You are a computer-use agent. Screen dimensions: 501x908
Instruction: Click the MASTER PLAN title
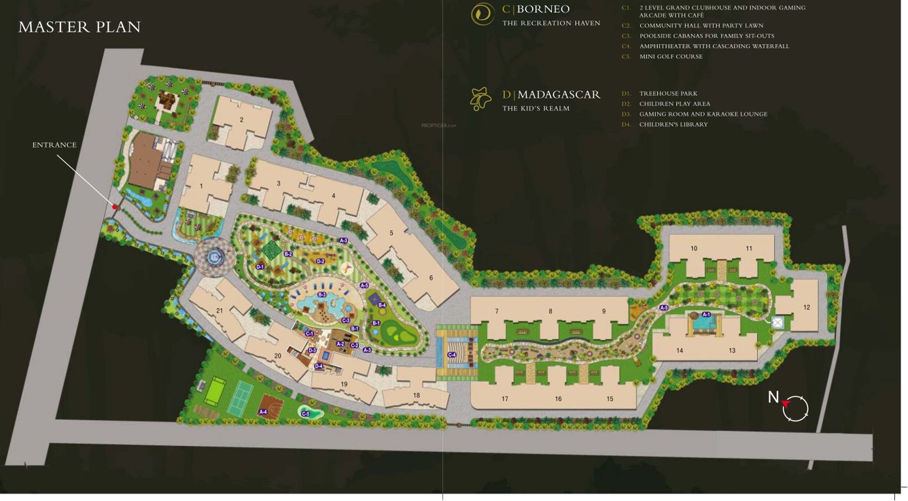(80, 27)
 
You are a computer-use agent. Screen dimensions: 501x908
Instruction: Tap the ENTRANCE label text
(54, 145)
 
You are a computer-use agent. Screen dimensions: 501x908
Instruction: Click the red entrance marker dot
(116, 207)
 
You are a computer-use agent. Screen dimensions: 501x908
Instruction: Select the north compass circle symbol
(796, 408)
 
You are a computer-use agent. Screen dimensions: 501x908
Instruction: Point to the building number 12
(807, 307)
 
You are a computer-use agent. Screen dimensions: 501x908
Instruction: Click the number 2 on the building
(241, 120)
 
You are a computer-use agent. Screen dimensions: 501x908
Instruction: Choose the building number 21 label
(220, 311)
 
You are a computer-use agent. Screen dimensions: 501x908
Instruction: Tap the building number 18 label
(417, 395)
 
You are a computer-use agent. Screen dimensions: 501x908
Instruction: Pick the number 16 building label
(558, 399)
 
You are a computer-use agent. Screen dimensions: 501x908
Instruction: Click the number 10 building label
(694, 248)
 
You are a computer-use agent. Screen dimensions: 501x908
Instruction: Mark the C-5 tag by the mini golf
(306, 414)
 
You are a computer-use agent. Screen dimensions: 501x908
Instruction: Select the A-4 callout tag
(263, 412)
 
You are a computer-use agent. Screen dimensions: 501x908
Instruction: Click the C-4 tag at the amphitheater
(452, 355)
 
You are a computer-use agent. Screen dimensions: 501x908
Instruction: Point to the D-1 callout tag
(260, 267)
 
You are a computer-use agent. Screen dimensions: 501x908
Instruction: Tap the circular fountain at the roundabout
(215, 257)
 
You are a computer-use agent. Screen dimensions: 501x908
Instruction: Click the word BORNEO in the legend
(543, 10)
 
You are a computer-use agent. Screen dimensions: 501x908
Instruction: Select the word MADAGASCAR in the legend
(559, 94)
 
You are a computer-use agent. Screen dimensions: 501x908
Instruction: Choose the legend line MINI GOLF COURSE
(671, 56)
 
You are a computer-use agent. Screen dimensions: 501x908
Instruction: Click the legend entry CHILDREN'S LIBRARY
(673, 124)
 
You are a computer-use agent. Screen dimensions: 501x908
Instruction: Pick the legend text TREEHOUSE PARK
(668, 94)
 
